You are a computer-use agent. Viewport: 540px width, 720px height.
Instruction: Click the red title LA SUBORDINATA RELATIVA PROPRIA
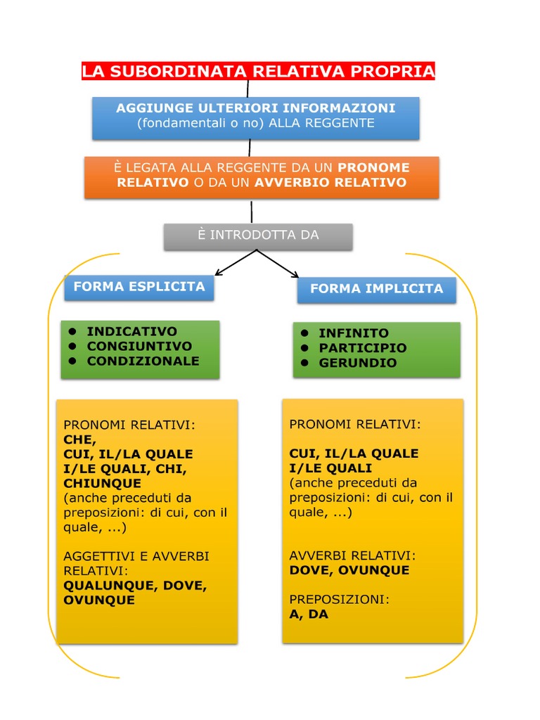click(x=258, y=71)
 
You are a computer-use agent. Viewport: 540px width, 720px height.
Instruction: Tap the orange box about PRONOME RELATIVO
click(x=262, y=176)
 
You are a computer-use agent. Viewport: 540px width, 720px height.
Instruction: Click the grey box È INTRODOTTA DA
click(x=258, y=236)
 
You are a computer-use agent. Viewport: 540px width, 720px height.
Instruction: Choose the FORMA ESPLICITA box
click(x=139, y=287)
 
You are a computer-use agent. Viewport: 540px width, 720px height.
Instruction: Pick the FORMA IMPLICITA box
click(x=376, y=289)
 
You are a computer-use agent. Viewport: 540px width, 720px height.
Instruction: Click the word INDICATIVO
click(x=131, y=331)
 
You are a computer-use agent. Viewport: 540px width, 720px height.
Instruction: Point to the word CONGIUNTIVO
click(x=139, y=346)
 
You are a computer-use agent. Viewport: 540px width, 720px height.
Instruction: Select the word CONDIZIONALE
click(x=143, y=361)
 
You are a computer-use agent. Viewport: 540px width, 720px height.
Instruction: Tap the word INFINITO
click(x=354, y=333)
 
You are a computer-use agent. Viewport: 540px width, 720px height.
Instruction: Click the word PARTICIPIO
click(x=363, y=348)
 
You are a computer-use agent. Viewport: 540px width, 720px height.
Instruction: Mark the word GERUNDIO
click(x=358, y=363)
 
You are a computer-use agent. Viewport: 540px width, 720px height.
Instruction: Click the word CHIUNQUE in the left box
click(x=102, y=483)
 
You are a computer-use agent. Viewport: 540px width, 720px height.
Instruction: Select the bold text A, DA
click(x=309, y=614)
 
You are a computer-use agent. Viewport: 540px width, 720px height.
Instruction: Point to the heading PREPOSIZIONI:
click(x=339, y=600)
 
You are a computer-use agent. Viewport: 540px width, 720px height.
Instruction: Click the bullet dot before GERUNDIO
click(x=304, y=363)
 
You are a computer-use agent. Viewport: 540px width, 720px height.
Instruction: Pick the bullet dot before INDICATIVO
click(x=72, y=331)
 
